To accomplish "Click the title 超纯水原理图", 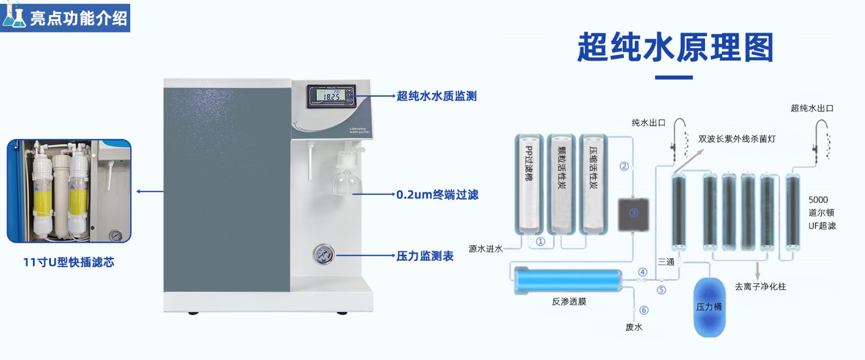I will click(x=675, y=48).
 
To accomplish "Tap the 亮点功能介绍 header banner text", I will click(x=78, y=18).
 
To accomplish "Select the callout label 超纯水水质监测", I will click(x=436, y=96).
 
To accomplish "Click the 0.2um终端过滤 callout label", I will click(x=437, y=195).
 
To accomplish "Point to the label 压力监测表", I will click(x=425, y=256).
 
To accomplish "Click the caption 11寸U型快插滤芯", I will click(x=69, y=262).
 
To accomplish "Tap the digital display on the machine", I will click(x=331, y=96).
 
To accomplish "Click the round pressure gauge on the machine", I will click(x=323, y=254).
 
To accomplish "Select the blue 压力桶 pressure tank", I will click(x=709, y=307).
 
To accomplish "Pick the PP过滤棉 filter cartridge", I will click(x=528, y=184).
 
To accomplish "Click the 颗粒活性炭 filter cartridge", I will click(x=561, y=184).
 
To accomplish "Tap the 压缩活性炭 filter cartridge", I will click(x=593, y=184).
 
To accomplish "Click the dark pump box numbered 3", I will click(x=633, y=214).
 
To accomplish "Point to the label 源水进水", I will click(x=485, y=249).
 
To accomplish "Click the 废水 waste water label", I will click(x=634, y=327).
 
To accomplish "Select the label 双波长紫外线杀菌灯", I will click(x=736, y=139).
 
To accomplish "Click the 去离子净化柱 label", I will click(x=760, y=286).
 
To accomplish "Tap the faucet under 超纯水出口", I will click(x=821, y=138).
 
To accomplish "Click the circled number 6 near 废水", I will click(x=643, y=310).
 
